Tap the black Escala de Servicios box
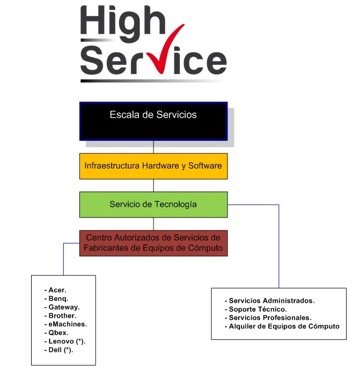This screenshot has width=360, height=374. [153, 122]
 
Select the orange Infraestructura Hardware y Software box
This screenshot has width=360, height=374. [153, 166]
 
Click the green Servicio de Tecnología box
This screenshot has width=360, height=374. [153, 205]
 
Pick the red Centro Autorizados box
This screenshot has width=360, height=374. [153, 243]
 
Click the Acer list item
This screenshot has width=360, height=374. [55, 290]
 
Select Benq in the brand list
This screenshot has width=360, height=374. [56, 298]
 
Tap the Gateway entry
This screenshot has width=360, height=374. [62, 307]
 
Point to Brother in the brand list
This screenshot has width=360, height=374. [61, 316]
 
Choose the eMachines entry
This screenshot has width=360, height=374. [65, 324]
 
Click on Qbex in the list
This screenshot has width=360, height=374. [56, 333]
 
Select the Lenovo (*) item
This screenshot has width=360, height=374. [65, 341]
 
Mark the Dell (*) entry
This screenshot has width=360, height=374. [59, 350]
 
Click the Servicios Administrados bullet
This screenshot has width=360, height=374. [270, 301]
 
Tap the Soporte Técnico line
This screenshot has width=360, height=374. [256, 309]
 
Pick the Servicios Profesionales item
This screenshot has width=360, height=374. [268, 318]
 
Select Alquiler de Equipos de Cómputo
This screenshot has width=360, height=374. [282, 326]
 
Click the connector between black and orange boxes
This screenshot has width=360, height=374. [153, 147]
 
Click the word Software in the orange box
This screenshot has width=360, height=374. [205, 166]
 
